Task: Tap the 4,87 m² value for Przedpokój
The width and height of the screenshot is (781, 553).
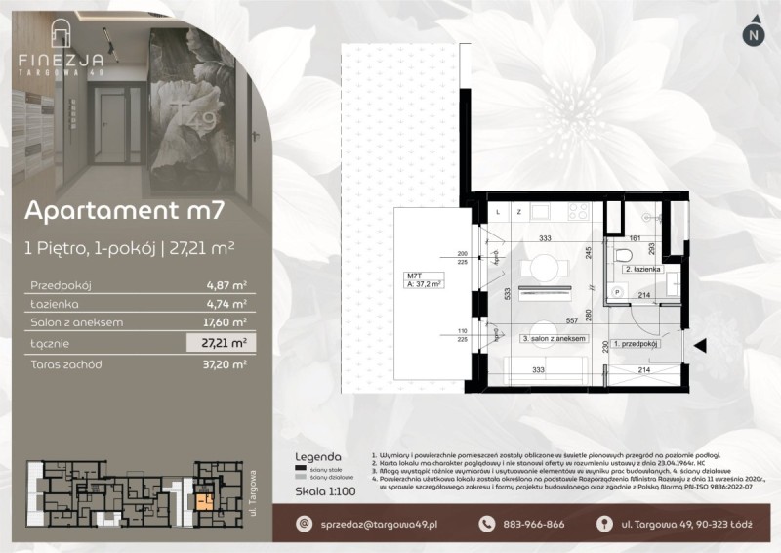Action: click(x=226, y=286)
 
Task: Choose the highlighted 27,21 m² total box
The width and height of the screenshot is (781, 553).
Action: click(x=223, y=343)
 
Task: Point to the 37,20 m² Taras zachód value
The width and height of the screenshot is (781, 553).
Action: click(x=226, y=363)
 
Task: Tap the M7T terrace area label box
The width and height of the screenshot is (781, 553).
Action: click(x=424, y=280)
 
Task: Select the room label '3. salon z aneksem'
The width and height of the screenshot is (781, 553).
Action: click(x=553, y=338)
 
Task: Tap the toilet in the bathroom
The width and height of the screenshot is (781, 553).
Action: click(x=624, y=255)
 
